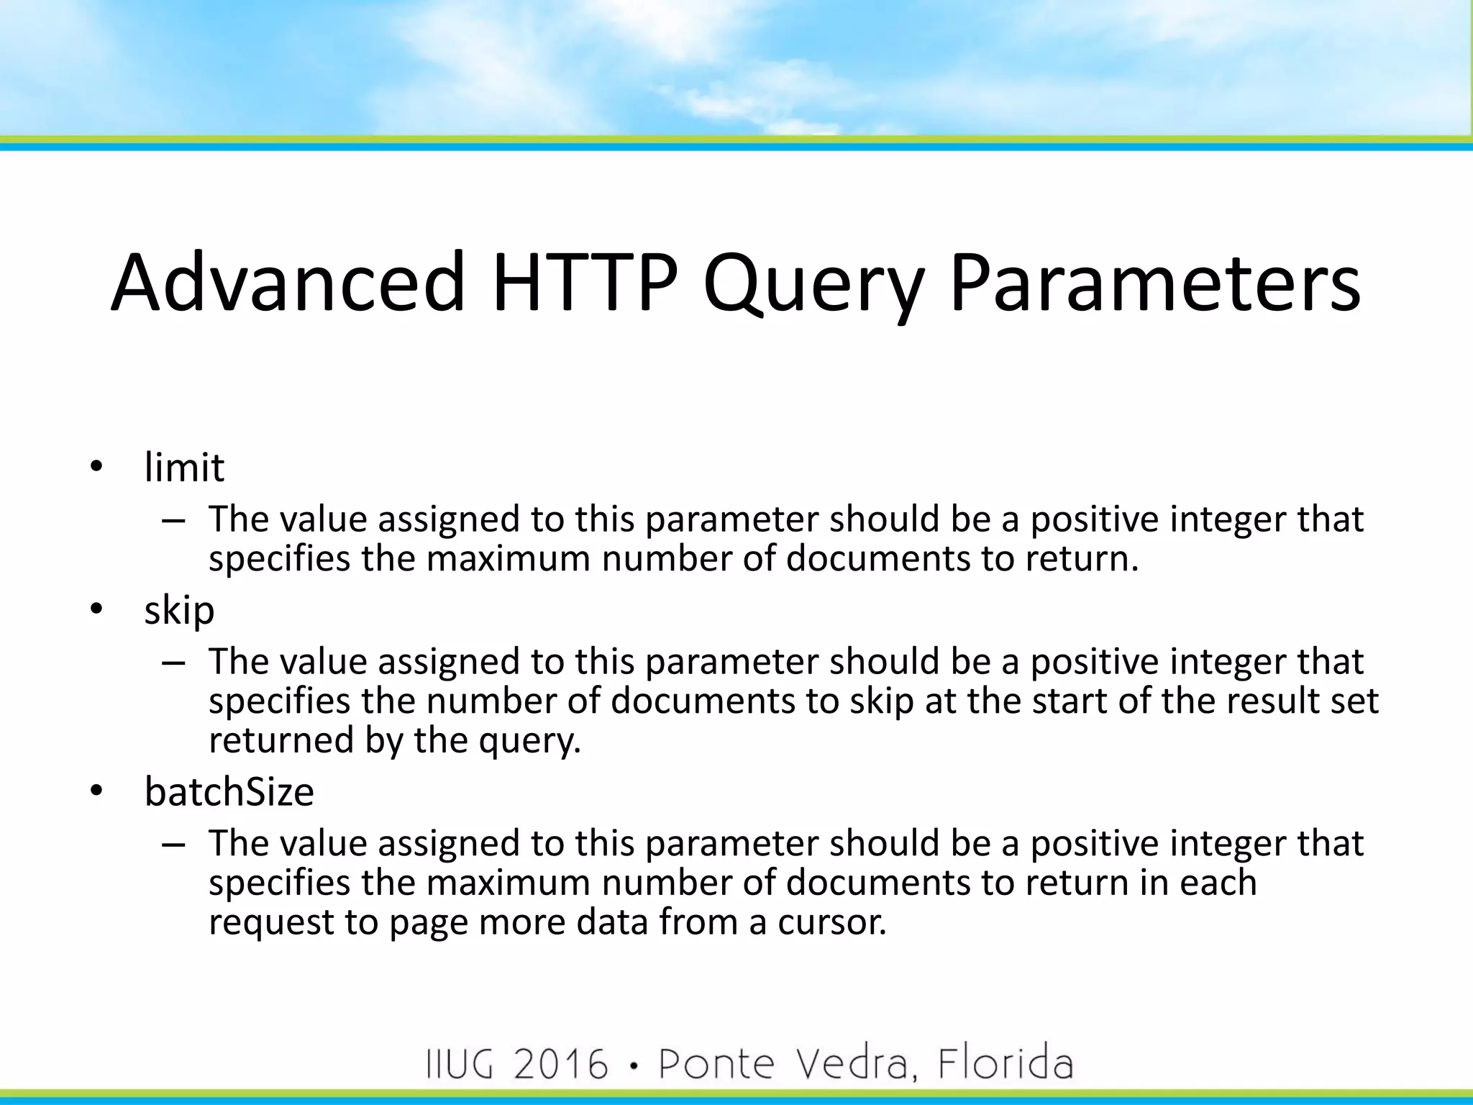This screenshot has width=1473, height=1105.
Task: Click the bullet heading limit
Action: [184, 467]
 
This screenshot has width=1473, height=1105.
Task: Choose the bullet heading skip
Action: [179, 611]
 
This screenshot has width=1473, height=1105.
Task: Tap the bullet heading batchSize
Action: [229, 791]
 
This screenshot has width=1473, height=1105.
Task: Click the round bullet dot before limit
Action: [96, 468]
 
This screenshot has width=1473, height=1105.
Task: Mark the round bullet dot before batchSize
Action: [96, 792]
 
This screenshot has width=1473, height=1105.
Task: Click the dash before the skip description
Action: [173, 662]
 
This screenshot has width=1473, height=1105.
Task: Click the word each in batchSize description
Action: [1218, 882]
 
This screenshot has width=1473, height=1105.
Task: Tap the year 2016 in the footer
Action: [560, 1064]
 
